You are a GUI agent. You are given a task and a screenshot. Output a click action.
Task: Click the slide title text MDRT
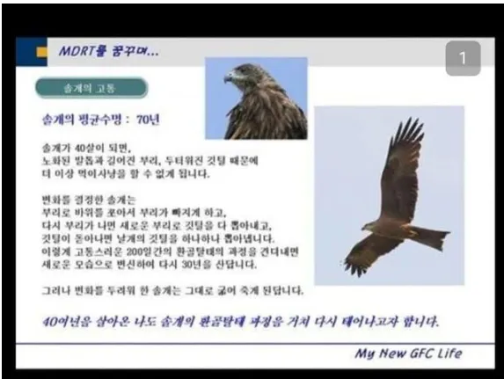point(77,51)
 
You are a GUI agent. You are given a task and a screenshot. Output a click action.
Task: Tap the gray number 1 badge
point(463,58)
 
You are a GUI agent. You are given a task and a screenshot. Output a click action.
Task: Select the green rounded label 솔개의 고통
point(91,87)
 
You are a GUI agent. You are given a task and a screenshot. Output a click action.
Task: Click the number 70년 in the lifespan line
point(148,120)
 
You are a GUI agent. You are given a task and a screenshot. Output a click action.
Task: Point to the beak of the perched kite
point(228,78)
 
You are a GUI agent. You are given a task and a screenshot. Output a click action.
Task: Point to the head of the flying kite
point(368,227)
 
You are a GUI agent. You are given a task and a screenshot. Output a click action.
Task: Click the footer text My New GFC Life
point(408,353)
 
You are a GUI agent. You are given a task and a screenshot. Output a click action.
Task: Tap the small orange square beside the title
point(41,52)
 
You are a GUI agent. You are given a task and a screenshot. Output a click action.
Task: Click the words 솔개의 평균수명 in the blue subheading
point(82,120)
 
